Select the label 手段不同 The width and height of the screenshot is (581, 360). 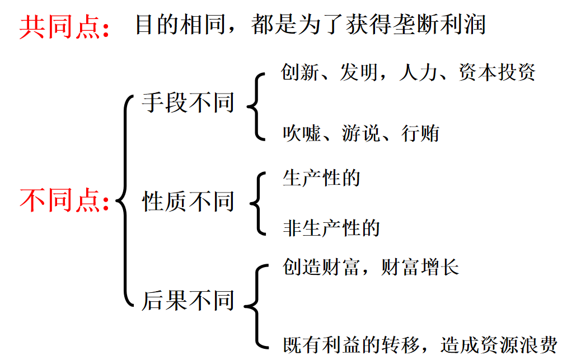188,103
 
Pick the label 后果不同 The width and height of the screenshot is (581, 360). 188,300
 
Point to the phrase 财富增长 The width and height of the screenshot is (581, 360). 420,267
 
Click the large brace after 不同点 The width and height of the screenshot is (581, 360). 124,200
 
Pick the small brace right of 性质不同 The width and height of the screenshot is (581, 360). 258,203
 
